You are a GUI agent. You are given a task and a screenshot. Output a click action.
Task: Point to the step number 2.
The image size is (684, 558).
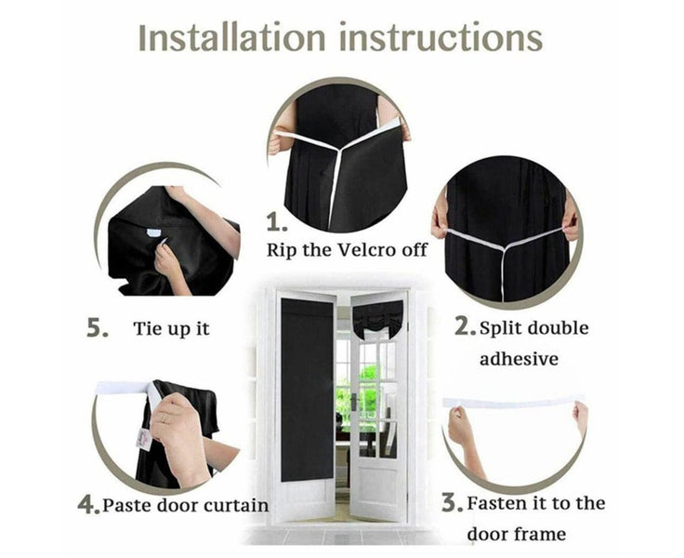(465, 326)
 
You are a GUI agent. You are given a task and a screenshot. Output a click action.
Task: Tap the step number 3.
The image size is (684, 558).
(452, 503)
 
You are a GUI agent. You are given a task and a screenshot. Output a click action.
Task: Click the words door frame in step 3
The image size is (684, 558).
(516, 535)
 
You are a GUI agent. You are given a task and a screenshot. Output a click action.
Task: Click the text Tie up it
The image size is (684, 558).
(173, 329)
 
